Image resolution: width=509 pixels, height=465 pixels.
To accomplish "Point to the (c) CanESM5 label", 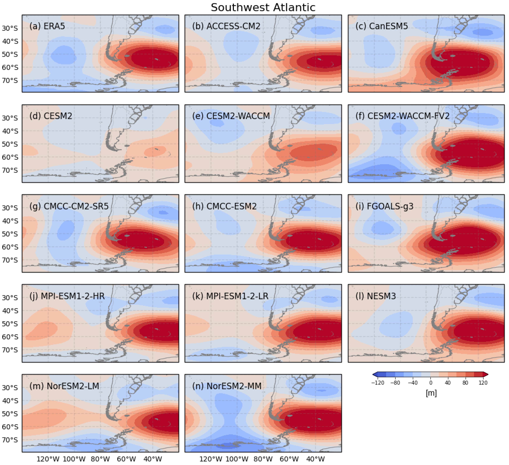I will coord(382,26).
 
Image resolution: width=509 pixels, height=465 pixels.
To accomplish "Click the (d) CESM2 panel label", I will coord(51,116).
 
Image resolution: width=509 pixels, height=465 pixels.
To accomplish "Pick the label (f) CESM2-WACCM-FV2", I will coord(402,116).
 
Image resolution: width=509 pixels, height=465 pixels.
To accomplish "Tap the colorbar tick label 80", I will coord(465,383).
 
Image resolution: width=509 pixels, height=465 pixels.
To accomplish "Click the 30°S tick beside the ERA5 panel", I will coord(10,28).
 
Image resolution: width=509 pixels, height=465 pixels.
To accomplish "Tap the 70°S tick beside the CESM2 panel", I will coord(10,170).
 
